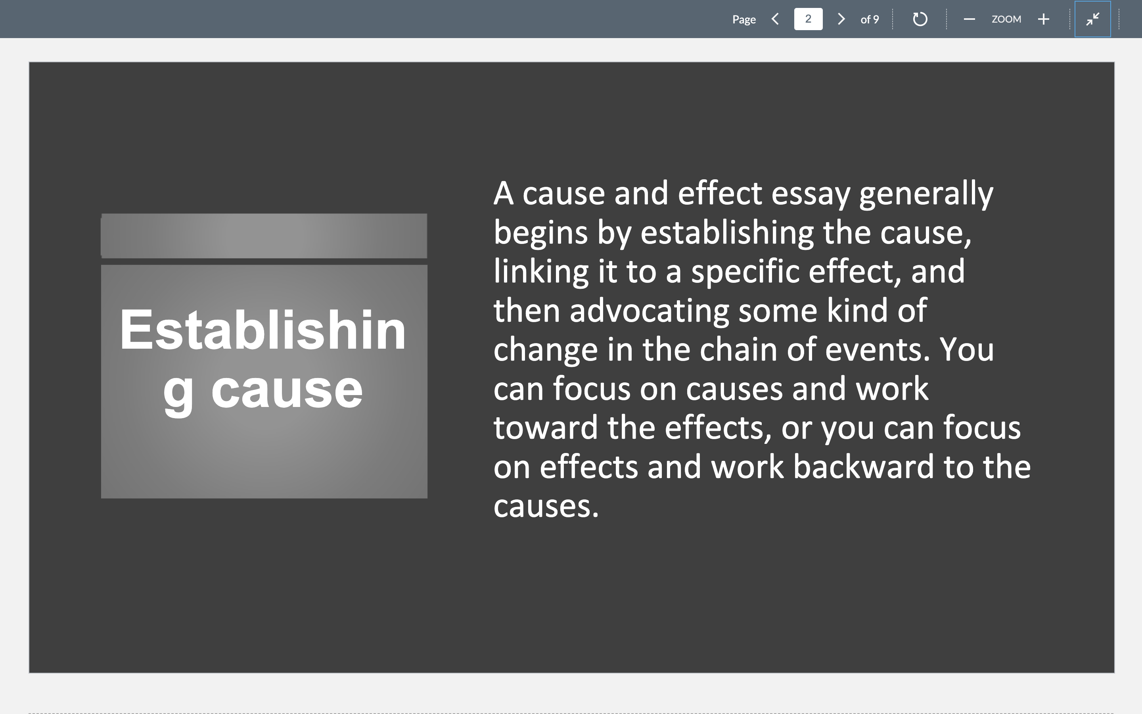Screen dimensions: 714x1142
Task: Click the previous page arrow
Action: (775, 19)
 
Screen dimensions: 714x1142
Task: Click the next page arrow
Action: (841, 19)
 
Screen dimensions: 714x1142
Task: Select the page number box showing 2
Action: (808, 19)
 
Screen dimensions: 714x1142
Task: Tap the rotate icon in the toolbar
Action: (920, 19)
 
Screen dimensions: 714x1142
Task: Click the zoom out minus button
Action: (969, 19)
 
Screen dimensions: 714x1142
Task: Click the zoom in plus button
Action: (1043, 19)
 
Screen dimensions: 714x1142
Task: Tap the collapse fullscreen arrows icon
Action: (1092, 19)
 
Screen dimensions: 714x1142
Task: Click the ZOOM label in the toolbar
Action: (1006, 19)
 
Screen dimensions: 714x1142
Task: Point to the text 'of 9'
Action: (869, 19)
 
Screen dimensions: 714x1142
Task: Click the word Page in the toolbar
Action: (744, 19)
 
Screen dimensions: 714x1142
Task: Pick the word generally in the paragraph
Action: (926, 194)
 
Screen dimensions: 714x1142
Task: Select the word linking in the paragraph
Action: (541, 272)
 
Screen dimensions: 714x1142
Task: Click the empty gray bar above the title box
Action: (264, 236)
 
